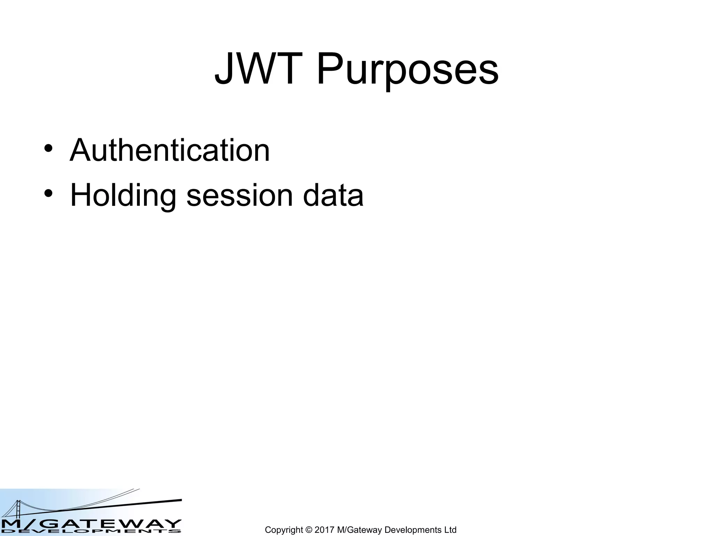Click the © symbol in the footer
click(309, 530)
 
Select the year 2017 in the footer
click(325, 530)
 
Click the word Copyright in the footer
click(284, 530)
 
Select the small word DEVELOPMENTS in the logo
click(91, 532)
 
